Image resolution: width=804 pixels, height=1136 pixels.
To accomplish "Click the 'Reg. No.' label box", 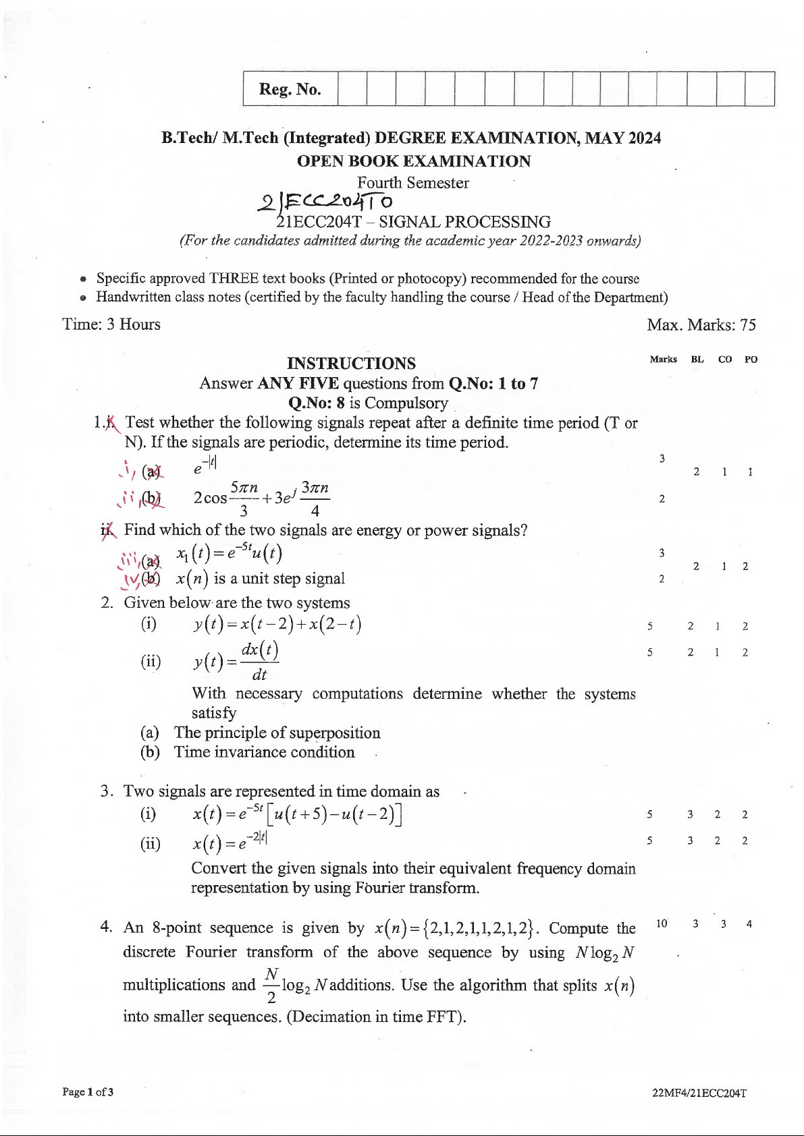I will (x=290, y=89).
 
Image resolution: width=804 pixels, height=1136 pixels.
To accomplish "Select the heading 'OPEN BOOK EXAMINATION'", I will (x=414, y=161).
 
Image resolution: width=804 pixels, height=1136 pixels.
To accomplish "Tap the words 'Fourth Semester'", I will (x=413, y=183).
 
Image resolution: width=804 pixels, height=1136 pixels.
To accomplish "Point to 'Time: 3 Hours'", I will (x=111, y=324).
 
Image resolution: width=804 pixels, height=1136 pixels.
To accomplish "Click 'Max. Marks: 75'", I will (x=701, y=325).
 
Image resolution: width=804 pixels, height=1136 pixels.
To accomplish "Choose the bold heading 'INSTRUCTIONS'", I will (x=351, y=364).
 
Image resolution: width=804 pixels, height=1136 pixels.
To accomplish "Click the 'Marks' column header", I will (x=663, y=360).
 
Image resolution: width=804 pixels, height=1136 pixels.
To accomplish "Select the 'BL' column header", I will (x=697, y=360).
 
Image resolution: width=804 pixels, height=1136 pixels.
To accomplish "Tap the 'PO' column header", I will (x=751, y=360).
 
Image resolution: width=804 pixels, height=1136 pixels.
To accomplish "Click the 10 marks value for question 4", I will (x=662, y=924).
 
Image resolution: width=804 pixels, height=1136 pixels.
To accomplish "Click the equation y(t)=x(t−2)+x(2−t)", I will (x=277, y=625).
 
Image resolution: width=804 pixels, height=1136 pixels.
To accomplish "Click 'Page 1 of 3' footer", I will (x=88, y=1091).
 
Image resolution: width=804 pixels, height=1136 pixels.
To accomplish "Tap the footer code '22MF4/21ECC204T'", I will (x=699, y=1093).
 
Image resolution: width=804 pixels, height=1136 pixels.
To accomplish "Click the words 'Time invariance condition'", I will (x=264, y=752).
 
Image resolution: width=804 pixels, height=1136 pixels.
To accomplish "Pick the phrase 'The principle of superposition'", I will (x=277, y=733).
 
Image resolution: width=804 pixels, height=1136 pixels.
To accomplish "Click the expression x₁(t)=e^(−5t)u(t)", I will (x=230, y=554).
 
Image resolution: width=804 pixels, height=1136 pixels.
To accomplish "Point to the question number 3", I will (x=106, y=791).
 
